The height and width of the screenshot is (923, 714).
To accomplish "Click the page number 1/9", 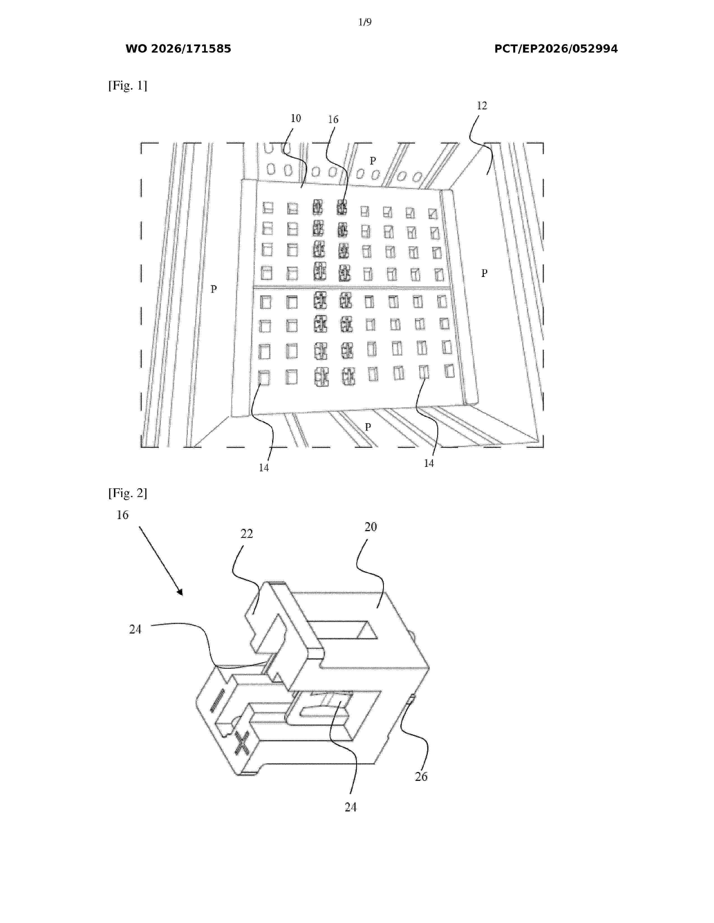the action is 365,22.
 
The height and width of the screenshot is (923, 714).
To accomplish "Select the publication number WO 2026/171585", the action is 178,49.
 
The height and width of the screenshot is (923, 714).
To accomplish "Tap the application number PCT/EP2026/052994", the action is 556,49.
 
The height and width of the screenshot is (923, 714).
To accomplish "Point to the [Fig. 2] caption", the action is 128,493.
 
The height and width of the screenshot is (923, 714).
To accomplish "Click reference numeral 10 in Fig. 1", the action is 296,118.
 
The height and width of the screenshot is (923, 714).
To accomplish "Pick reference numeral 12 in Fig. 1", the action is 482,106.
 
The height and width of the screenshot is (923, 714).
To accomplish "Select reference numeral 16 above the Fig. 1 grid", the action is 333,120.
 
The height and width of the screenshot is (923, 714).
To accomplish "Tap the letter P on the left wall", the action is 214,289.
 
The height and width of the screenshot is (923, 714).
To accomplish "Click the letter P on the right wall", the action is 484,274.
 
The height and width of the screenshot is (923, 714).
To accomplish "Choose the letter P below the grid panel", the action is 368,427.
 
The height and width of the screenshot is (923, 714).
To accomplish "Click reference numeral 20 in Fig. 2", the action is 370,527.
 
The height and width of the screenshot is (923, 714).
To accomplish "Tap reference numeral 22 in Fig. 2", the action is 247,534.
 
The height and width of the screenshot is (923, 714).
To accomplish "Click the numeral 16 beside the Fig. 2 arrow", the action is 122,515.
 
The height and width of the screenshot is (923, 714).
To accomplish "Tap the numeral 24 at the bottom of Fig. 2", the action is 351,807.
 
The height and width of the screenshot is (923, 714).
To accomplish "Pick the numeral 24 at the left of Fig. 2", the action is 135,629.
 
